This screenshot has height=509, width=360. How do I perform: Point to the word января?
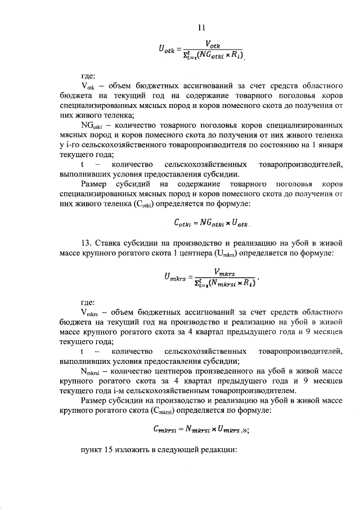[327, 146]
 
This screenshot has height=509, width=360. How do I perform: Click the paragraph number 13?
[87, 243]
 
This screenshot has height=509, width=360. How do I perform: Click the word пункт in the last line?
[92, 451]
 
